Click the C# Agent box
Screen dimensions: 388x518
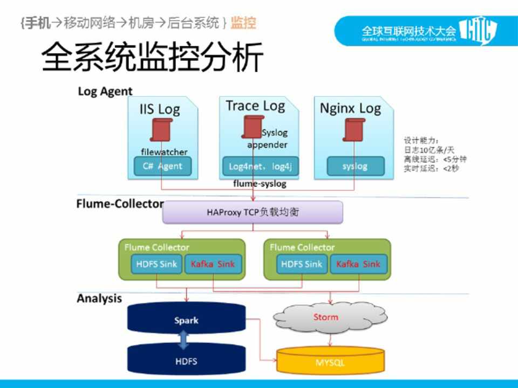162,166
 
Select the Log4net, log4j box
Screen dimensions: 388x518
260,166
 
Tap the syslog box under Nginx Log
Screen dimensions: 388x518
355,166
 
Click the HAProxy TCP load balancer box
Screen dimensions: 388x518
253,212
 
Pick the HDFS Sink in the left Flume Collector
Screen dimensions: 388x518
156,264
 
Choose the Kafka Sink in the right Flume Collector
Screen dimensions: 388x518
358,264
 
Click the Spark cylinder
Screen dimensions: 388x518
186,320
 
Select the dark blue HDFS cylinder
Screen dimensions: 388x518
186,361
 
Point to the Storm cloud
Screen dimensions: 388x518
326,318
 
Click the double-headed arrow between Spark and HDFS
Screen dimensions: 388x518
183,339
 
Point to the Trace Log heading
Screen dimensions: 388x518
255,106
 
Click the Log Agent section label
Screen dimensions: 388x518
105,91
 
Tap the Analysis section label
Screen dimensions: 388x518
99,299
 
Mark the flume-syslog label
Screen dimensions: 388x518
260,184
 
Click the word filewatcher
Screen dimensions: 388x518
164,152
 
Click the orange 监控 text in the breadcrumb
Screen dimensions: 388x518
243,23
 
